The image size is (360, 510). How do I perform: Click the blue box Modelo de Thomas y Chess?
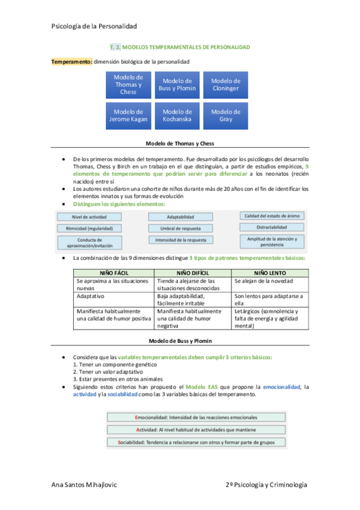[128, 85]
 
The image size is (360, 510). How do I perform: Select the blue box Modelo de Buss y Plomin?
[177, 85]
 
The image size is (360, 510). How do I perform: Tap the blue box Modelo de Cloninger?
[225, 85]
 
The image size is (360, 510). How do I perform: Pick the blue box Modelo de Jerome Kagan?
[128, 115]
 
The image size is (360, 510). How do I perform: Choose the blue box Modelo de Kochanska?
[177, 115]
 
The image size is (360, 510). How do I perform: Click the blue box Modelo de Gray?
[225, 115]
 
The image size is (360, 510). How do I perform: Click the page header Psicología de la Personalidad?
[94, 26]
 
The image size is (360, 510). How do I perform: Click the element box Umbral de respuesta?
[180, 229]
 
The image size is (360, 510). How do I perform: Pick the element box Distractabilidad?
[272, 227]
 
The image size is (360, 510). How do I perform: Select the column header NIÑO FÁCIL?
[112, 273]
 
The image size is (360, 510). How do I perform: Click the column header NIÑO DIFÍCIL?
[192, 273]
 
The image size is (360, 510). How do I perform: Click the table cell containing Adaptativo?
[112, 296]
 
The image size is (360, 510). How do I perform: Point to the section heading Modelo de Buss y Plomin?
[180, 340]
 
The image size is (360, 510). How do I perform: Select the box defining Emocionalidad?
[195, 417]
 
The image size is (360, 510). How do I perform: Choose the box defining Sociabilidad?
[195, 442]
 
